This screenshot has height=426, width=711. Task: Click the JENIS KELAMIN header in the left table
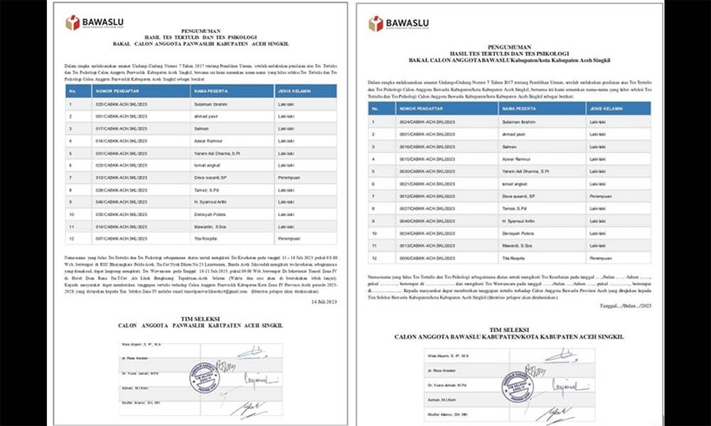point(292,92)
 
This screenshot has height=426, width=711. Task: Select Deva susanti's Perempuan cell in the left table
point(290,177)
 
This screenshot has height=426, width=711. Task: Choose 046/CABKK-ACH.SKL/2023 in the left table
point(117,201)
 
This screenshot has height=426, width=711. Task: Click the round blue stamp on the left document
point(203,377)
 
